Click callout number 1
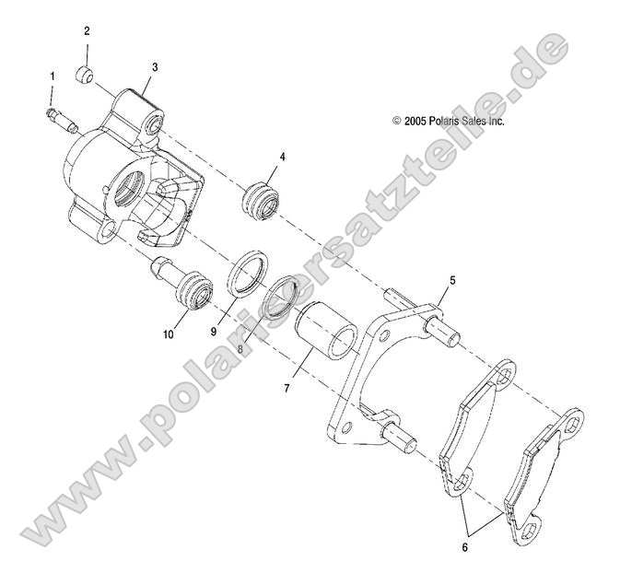coord(53,74)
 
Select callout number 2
coord(87,30)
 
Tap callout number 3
coord(155,66)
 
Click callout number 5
coord(452,278)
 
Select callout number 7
coord(287,388)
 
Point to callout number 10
coord(169,336)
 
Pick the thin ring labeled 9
coord(245,274)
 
